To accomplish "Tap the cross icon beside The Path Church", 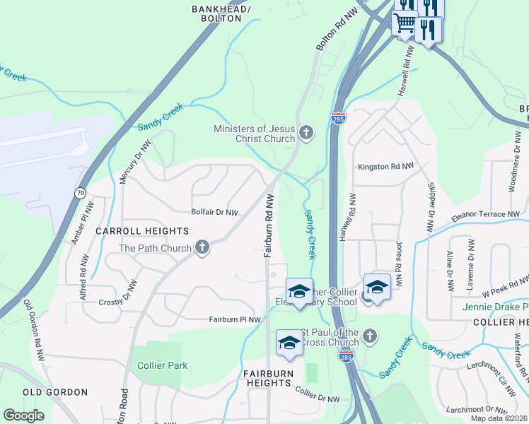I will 202,248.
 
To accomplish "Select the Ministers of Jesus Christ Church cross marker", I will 306,133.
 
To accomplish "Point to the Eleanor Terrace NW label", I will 484,214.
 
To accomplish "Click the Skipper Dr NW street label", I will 430,206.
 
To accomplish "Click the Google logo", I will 23,416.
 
